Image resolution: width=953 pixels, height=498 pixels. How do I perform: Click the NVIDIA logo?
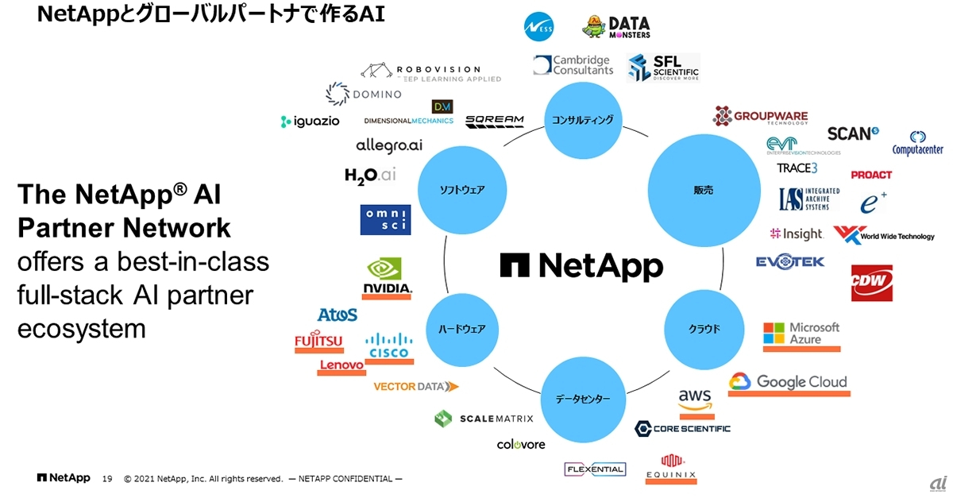(387, 277)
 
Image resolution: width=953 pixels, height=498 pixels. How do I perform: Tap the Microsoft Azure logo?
(801, 334)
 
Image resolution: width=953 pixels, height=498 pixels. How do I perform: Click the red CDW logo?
(871, 283)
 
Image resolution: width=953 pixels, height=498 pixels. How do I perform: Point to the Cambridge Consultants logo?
(573, 65)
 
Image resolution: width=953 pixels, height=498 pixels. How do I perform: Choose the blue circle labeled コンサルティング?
(583, 121)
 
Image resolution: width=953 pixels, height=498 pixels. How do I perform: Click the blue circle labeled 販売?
(703, 190)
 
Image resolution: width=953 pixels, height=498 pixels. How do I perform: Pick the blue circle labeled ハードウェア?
(462, 329)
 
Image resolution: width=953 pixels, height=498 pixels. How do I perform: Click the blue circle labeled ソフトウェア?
(462, 190)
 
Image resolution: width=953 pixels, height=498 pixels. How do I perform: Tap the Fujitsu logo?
(318, 341)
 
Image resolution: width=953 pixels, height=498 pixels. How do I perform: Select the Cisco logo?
(389, 346)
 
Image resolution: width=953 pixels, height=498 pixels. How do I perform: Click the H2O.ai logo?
(370, 175)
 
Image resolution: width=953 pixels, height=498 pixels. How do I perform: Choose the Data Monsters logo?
(616, 26)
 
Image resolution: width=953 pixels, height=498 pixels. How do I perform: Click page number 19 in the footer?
(107, 479)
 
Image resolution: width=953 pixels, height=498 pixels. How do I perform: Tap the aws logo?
(696, 400)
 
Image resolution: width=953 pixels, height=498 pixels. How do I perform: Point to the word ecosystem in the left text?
(82, 328)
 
